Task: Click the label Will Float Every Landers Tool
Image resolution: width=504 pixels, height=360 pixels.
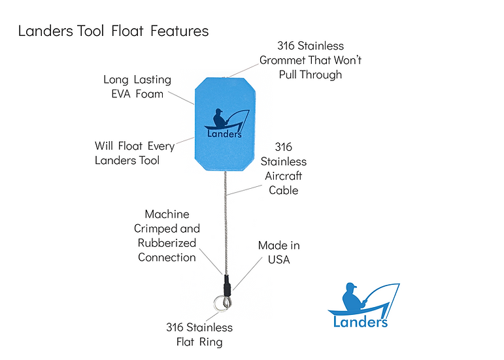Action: [134, 152]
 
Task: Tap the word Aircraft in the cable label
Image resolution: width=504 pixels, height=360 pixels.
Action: [284, 176]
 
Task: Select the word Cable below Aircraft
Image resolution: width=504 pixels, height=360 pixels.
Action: [284, 190]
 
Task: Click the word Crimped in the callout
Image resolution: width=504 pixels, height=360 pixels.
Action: [158, 229]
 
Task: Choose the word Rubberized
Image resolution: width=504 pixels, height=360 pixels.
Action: [167, 243]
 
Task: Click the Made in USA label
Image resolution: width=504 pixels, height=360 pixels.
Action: [279, 252]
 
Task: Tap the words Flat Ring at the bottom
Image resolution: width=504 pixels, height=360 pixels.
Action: [199, 341]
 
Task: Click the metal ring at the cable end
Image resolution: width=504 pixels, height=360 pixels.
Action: [222, 304]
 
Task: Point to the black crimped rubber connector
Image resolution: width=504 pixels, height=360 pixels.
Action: [226, 285]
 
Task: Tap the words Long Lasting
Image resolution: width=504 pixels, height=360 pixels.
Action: [137, 80]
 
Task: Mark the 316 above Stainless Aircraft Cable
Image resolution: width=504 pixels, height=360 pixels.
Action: [284, 147]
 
